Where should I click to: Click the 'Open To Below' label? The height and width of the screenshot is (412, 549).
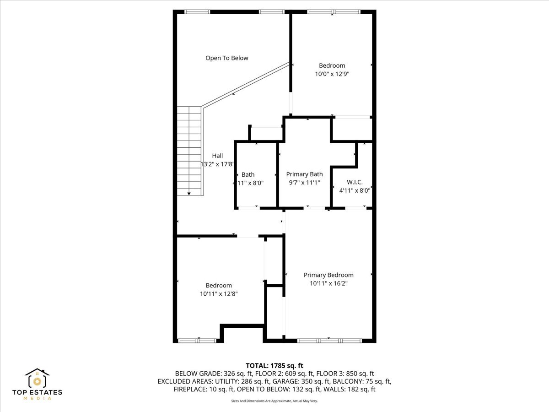(x=226, y=58)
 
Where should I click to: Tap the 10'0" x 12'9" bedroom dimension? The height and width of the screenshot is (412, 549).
(x=332, y=74)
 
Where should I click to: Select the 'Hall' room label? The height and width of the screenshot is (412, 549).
(x=217, y=156)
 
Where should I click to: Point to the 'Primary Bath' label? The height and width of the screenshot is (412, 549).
(x=304, y=174)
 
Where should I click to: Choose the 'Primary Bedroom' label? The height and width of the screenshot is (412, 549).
(x=328, y=275)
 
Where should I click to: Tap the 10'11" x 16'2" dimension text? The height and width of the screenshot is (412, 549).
(x=328, y=283)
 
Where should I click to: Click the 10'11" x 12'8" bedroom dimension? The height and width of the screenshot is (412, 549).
(x=219, y=294)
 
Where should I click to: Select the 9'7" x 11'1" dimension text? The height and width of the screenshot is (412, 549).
(x=304, y=183)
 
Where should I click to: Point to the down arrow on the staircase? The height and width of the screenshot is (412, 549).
(x=189, y=194)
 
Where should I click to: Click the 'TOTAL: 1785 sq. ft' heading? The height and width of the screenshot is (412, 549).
(x=274, y=366)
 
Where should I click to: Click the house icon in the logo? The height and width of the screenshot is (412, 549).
(x=37, y=378)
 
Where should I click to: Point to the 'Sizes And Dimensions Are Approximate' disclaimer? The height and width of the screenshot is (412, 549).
(x=274, y=401)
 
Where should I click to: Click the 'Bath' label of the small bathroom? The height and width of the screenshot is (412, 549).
(x=248, y=174)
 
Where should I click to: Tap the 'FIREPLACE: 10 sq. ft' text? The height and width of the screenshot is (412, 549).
(x=204, y=390)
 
